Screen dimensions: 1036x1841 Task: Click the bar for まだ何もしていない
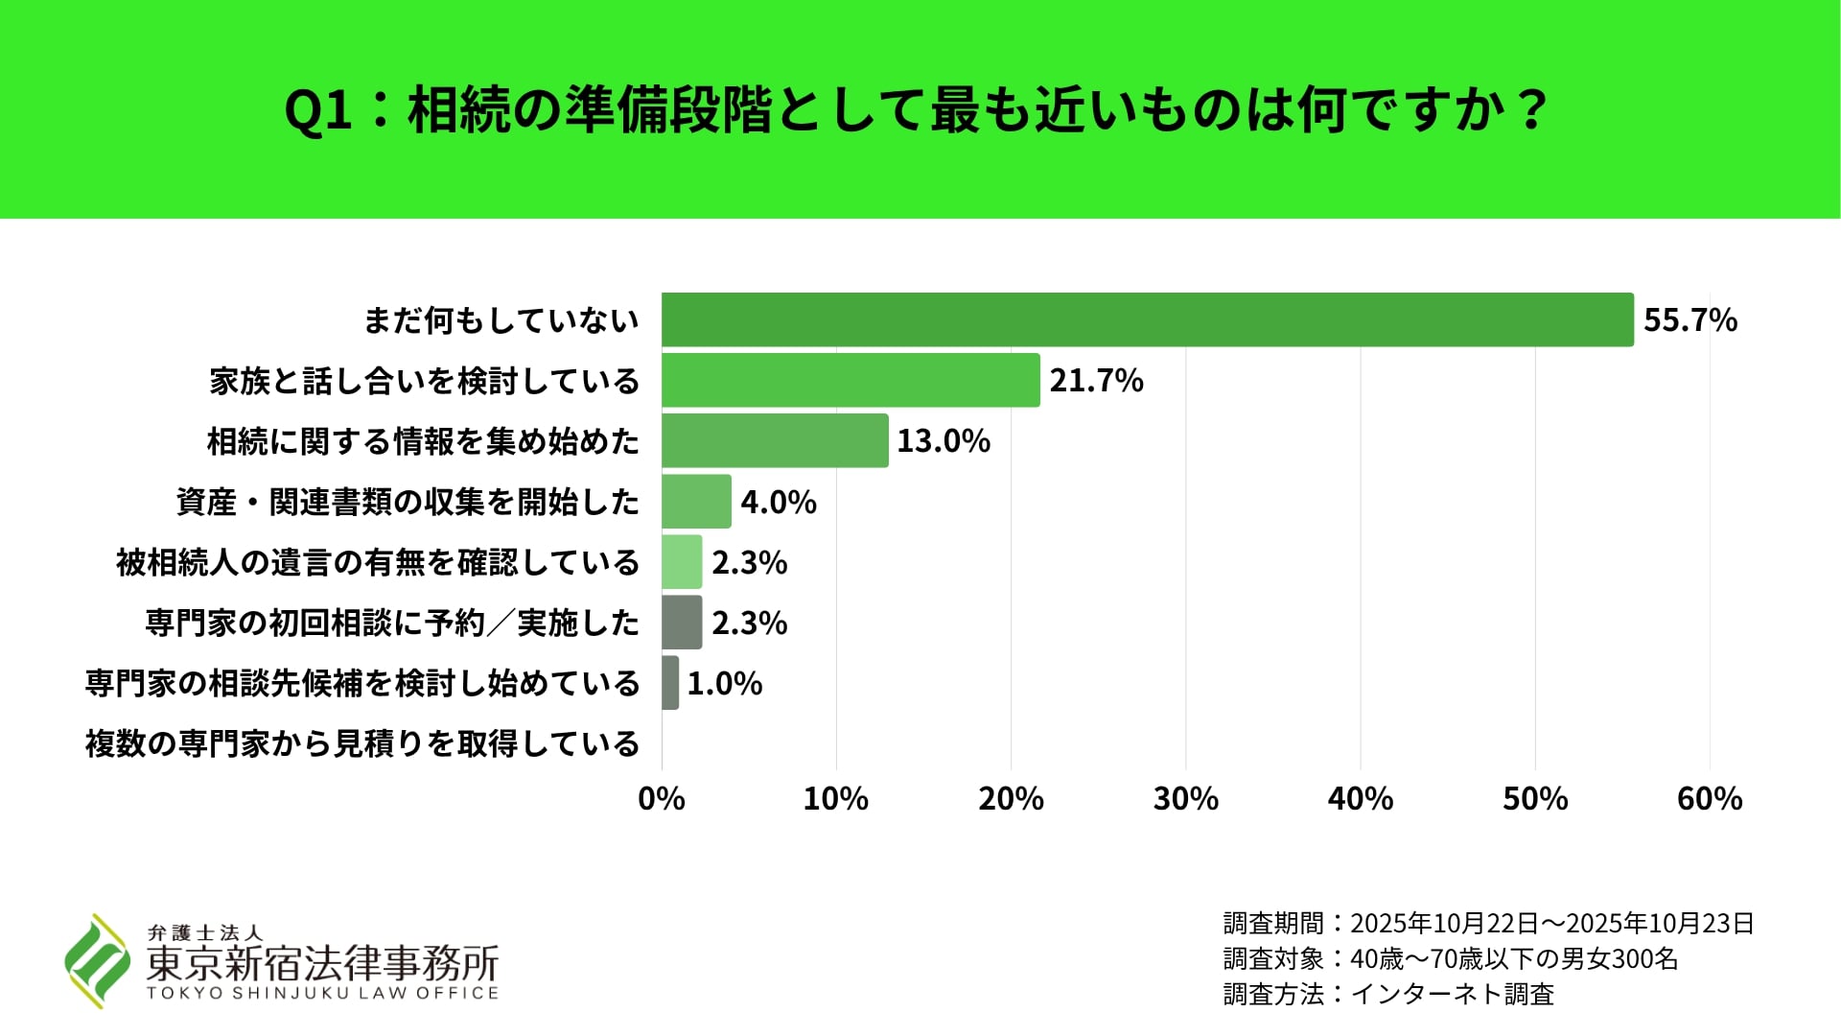(1147, 319)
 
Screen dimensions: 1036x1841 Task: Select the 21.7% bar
(851, 380)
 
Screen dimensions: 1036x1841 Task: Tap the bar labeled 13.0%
(775, 440)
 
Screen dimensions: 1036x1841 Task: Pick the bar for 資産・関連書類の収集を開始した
(696, 501)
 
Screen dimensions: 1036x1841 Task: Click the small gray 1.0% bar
(670, 683)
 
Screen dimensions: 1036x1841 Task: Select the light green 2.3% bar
(682, 562)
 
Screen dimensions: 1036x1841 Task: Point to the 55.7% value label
(1690, 319)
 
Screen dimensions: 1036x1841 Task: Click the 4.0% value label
(778, 502)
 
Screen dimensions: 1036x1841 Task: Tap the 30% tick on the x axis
(1185, 798)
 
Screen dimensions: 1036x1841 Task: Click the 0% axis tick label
(661, 798)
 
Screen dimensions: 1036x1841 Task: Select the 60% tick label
(1709, 798)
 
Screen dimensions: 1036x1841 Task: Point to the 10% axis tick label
(835, 798)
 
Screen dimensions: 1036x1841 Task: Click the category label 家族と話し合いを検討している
(424, 381)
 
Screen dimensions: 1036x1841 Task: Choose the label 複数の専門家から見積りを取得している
(361, 743)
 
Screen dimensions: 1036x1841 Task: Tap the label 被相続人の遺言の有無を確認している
(377, 562)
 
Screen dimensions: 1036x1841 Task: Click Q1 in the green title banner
(318, 110)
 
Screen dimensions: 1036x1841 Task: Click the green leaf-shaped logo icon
(97, 960)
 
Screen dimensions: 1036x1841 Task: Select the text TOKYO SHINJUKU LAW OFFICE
(322, 993)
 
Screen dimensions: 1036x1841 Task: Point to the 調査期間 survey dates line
(1488, 923)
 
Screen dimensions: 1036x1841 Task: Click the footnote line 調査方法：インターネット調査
(1387, 994)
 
